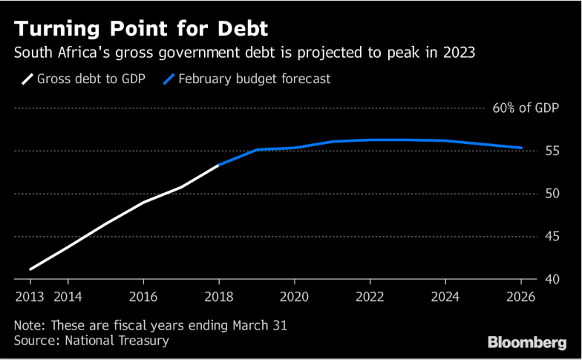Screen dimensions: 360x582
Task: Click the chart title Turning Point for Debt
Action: click(141, 29)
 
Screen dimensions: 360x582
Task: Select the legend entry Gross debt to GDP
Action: click(84, 78)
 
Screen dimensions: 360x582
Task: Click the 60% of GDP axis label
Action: click(526, 108)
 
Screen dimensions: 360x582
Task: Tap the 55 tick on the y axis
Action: click(552, 151)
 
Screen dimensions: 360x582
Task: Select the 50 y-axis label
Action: click(552, 194)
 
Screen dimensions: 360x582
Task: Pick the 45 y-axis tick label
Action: click(552, 237)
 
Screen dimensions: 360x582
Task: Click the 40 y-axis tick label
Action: click(552, 279)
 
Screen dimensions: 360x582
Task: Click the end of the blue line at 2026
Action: click(521, 148)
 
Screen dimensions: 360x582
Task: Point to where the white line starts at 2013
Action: click(30, 269)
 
